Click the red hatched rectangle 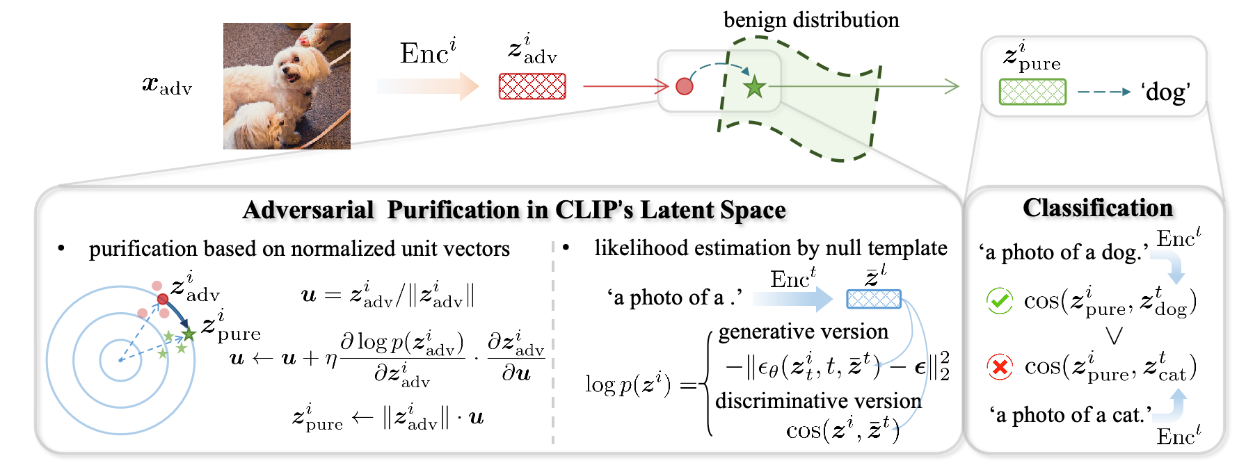pyautogui.click(x=532, y=86)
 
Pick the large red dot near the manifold pyautogui.click(x=685, y=86)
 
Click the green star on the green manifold pyautogui.click(x=754, y=88)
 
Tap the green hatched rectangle pyautogui.click(x=1032, y=92)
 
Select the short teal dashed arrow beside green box pyautogui.click(x=1103, y=92)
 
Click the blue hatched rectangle pyautogui.click(x=874, y=299)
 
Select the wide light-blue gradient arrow pyautogui.click(x=792, y=299)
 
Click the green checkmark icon pyautogui.click(x=1000, y=301)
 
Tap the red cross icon pyautogui.click(x=1000, y=366)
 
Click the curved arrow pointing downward pyautogui.click(x=1169, y=265)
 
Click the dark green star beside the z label pyautogui.click(x=189, y=335)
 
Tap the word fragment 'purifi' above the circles pyautogui.click(x=118, y=250)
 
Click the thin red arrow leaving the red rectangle pyautogui.click(x=623, y=86)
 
